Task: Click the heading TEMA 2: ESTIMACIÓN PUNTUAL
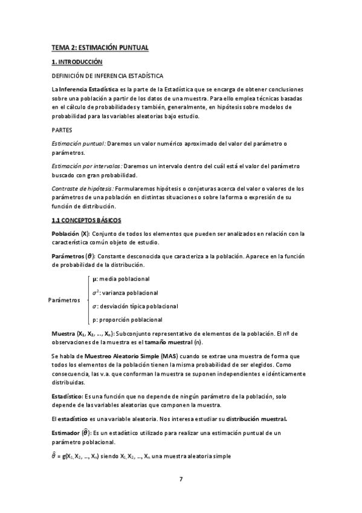(x=100, y=47)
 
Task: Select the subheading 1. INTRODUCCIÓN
(x=77, y=62)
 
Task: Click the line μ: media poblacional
(x=121, y=279)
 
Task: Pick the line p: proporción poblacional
(x=127, y=319)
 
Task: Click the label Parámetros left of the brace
(x=65, y=300)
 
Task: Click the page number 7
(x=181, y=480)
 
